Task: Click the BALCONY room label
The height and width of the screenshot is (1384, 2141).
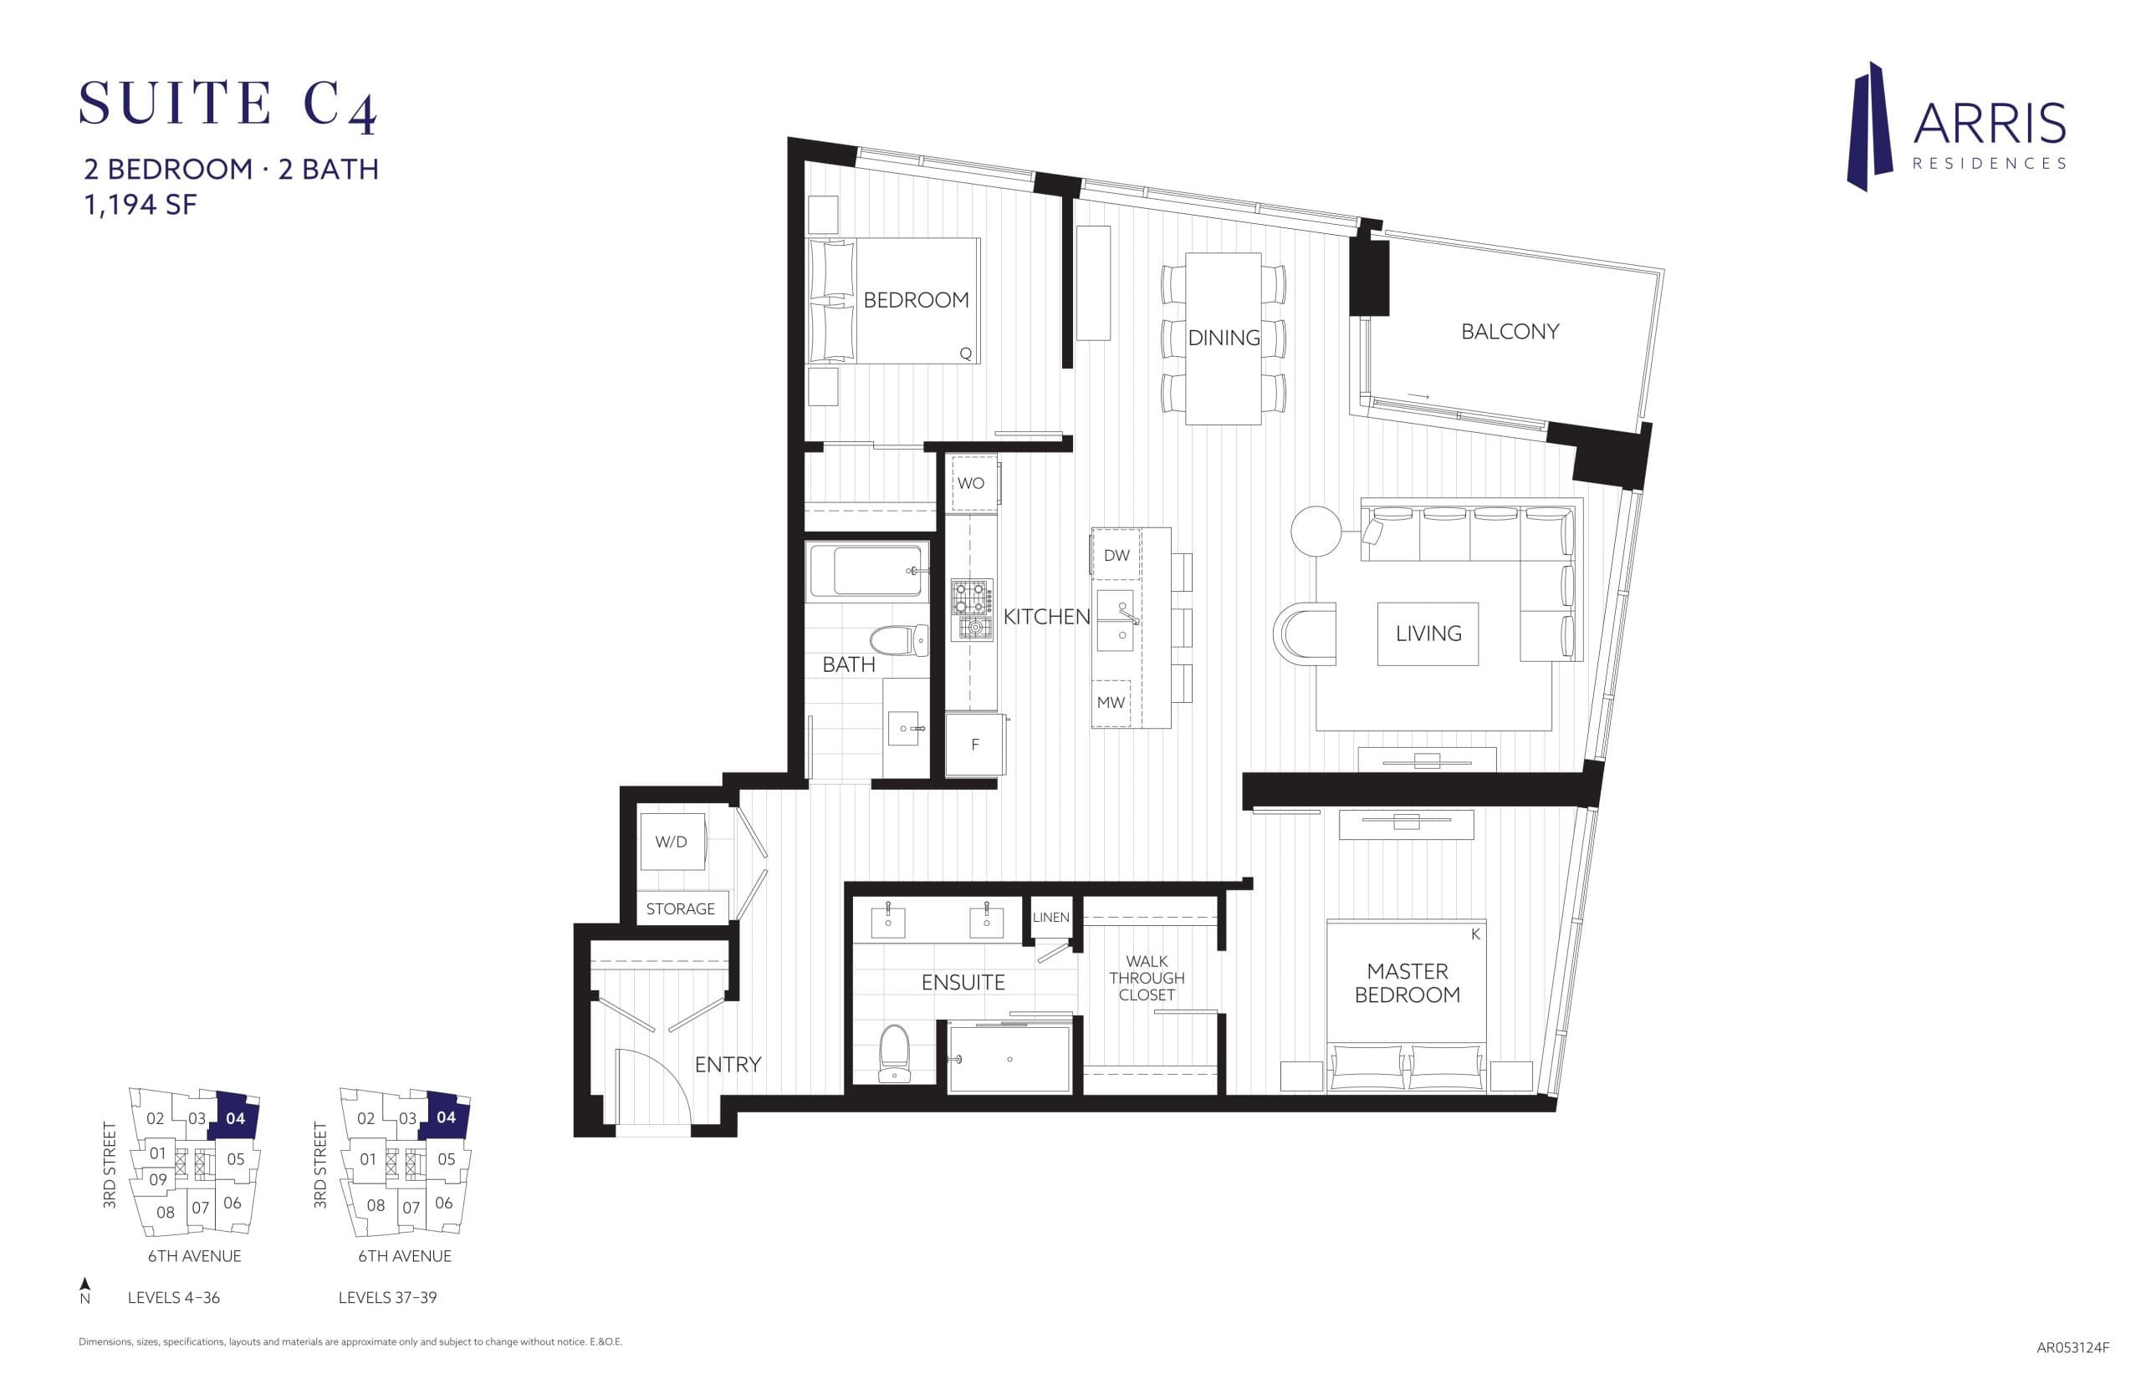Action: (1509, 332)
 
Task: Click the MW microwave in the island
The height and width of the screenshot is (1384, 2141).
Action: (1111, 703)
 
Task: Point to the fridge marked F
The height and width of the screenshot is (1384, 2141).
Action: (973, 744)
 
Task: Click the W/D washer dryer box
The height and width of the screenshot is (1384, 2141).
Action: (671, 842)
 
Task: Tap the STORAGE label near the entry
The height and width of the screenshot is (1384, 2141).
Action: (680, 908)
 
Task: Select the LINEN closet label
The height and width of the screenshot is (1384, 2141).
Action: (1050, 918)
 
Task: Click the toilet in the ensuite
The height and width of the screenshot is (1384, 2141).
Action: (893, 1052)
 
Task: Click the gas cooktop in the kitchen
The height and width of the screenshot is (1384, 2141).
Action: (971, 609)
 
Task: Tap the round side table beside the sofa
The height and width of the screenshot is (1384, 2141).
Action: (1316, 530)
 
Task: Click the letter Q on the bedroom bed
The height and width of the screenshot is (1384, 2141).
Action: (965, 354)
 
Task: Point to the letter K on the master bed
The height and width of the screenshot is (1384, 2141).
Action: (1474, 934)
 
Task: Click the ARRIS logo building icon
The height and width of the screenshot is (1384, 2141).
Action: (1868, 127)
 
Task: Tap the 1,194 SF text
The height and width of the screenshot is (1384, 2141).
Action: (140, 205)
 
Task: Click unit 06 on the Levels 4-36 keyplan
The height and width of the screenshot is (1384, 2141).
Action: (232, 1203)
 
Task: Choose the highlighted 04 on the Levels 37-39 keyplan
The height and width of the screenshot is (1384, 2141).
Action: (446, 1117)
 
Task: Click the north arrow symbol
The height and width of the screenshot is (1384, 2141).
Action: (84, 1285)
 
